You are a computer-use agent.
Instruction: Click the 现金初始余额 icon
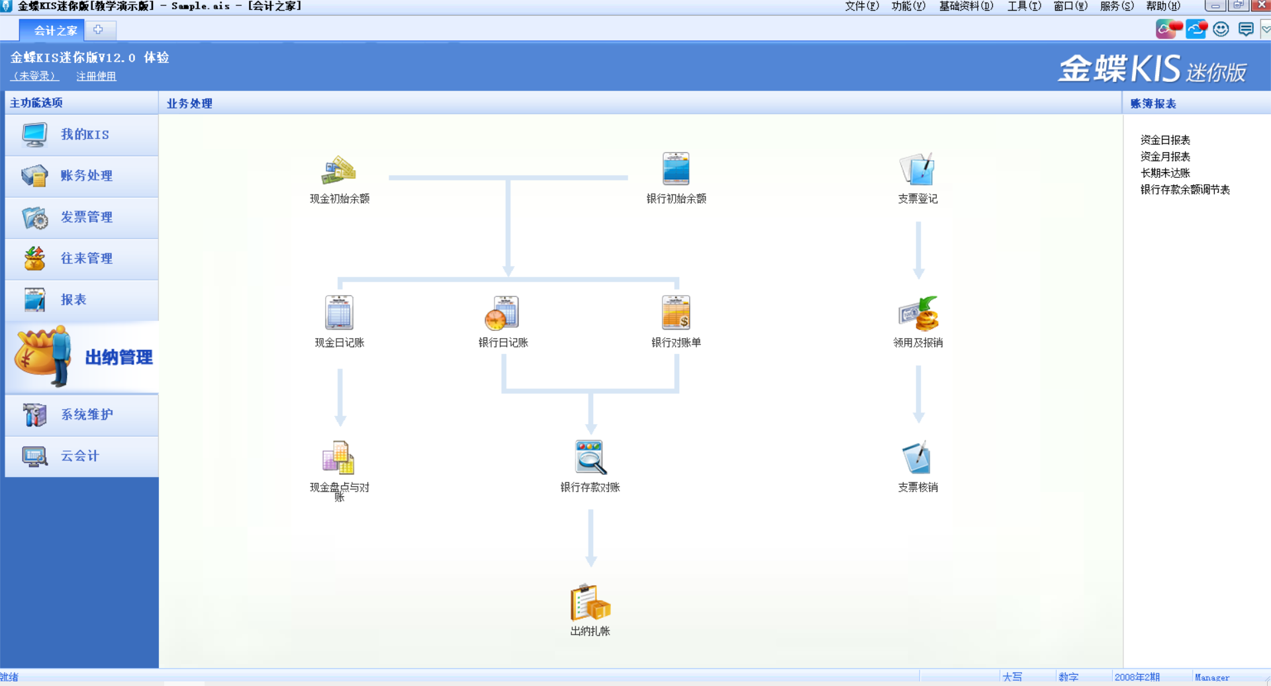(x=339, y=170)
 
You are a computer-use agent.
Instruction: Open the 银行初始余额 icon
(x=676, y=169)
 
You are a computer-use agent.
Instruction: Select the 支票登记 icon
(x=918, y=169)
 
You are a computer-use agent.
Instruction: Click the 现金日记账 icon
(x=339, y=312)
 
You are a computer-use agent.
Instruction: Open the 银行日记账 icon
(x=502, y=313)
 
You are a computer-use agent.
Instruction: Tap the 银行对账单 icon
(x=676, y=312)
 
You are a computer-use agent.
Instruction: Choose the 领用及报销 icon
(x=919, y=313)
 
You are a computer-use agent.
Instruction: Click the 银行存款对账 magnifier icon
(x=590, y=457)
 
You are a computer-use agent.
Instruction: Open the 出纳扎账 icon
(x=590, y=601)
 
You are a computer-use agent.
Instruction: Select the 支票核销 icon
(x=918, y=457)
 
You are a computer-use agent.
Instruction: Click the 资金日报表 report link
(x=1165, y=140)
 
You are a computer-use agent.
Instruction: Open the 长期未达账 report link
(x=1165, y=173)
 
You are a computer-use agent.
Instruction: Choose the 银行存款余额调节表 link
(x=1185, y=190)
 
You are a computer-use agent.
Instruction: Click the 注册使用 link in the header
(x=96, y=76)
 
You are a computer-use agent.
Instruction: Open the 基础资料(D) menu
(x=966, y=7)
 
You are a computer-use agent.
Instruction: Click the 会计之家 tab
(x=56, y=30)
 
